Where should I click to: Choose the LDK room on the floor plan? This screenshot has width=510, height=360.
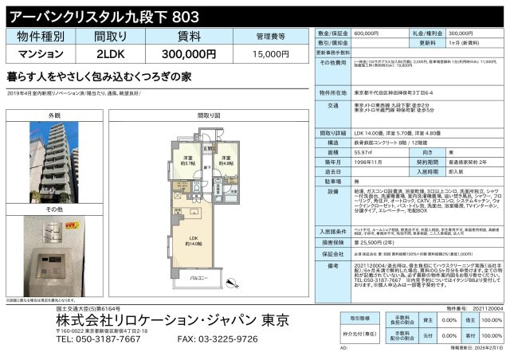[x=194, y=242]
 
